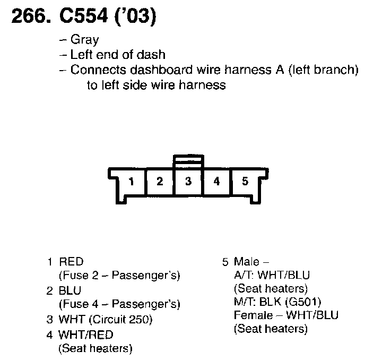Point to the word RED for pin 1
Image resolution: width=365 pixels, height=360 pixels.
pyautogui.click(x=71, y=262)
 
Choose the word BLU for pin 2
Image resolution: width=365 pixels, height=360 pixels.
pyautogui.click(x=70, y=291)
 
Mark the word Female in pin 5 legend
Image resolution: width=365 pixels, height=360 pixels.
pyautogui.click(x=251, y=315)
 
